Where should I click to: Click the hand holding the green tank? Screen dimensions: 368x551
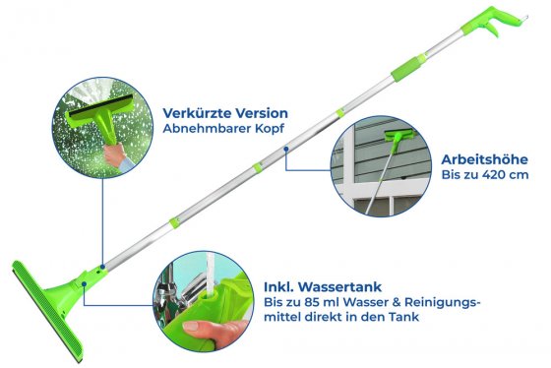click(202, 333)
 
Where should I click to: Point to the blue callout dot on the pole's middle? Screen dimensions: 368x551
click(286, 150)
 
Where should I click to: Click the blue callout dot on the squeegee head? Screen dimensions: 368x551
click(86, 285)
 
